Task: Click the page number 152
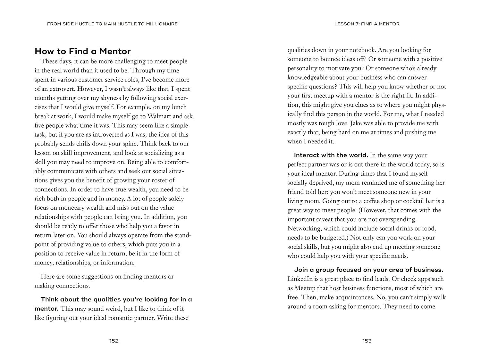coord(114,341)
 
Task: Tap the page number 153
coord(367,341)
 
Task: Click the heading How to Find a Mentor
coord(83,51)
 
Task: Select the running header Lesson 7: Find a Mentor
coord(367,24)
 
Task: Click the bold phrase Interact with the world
coord(331,155)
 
